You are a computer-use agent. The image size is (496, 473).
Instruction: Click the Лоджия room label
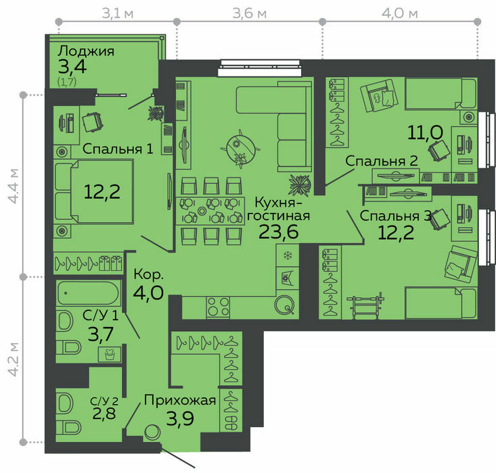click(x=86, y=51)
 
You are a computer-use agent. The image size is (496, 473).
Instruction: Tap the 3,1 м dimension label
click(x=118, y=14)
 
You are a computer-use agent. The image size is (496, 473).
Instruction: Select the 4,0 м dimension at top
click(x=400, y=14)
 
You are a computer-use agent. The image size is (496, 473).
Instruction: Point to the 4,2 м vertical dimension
click(x=14, y=359)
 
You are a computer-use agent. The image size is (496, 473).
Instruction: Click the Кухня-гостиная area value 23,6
click(x=278, y=231)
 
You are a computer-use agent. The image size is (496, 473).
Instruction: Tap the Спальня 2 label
click(x=382, y=161)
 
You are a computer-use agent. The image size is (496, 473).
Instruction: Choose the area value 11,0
click(x=425, y=132)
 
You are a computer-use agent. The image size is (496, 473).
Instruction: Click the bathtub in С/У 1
click(x=89, y=293)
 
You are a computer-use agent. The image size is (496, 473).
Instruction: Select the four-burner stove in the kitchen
click(x=218, y=307)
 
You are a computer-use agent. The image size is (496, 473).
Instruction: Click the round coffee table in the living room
click(x=240, y=148)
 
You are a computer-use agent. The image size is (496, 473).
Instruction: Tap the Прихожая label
click(x=180, y=400)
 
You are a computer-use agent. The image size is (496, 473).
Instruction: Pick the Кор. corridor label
click(x=148, y=274)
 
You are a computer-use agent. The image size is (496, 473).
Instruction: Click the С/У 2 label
click(x=104, y=401)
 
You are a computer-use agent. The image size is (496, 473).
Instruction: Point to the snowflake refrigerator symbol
click(x=288, y=255)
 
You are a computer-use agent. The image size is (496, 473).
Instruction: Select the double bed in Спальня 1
click(x=93, y=191)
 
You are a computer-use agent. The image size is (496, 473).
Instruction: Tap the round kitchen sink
click(x=284, y=305)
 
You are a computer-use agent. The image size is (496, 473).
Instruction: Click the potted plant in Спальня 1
click(x=156, y=114)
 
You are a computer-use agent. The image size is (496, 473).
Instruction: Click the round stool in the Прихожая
click(x=152, y=432)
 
